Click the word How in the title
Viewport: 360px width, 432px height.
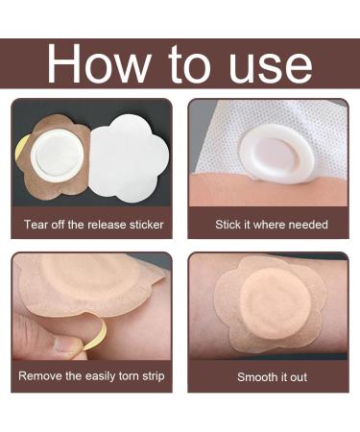[x=99, y=63]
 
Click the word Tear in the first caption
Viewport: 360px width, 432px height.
[x=36, y=225]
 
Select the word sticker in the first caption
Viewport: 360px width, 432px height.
[x=146, y=225]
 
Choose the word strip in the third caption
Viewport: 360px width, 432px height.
[x=154, y=376]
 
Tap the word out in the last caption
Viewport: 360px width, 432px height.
[x=299, y=377]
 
